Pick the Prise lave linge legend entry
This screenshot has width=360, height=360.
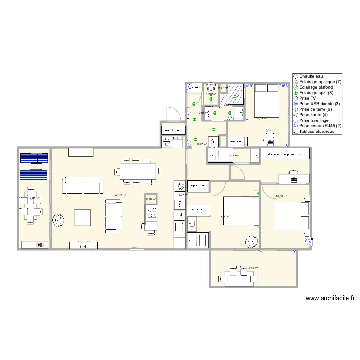315,120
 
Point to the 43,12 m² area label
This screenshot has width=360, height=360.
120,195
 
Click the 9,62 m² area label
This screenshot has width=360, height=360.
253,268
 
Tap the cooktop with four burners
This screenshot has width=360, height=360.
152,212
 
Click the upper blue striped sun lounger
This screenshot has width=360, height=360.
34,159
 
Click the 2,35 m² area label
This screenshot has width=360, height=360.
233,156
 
